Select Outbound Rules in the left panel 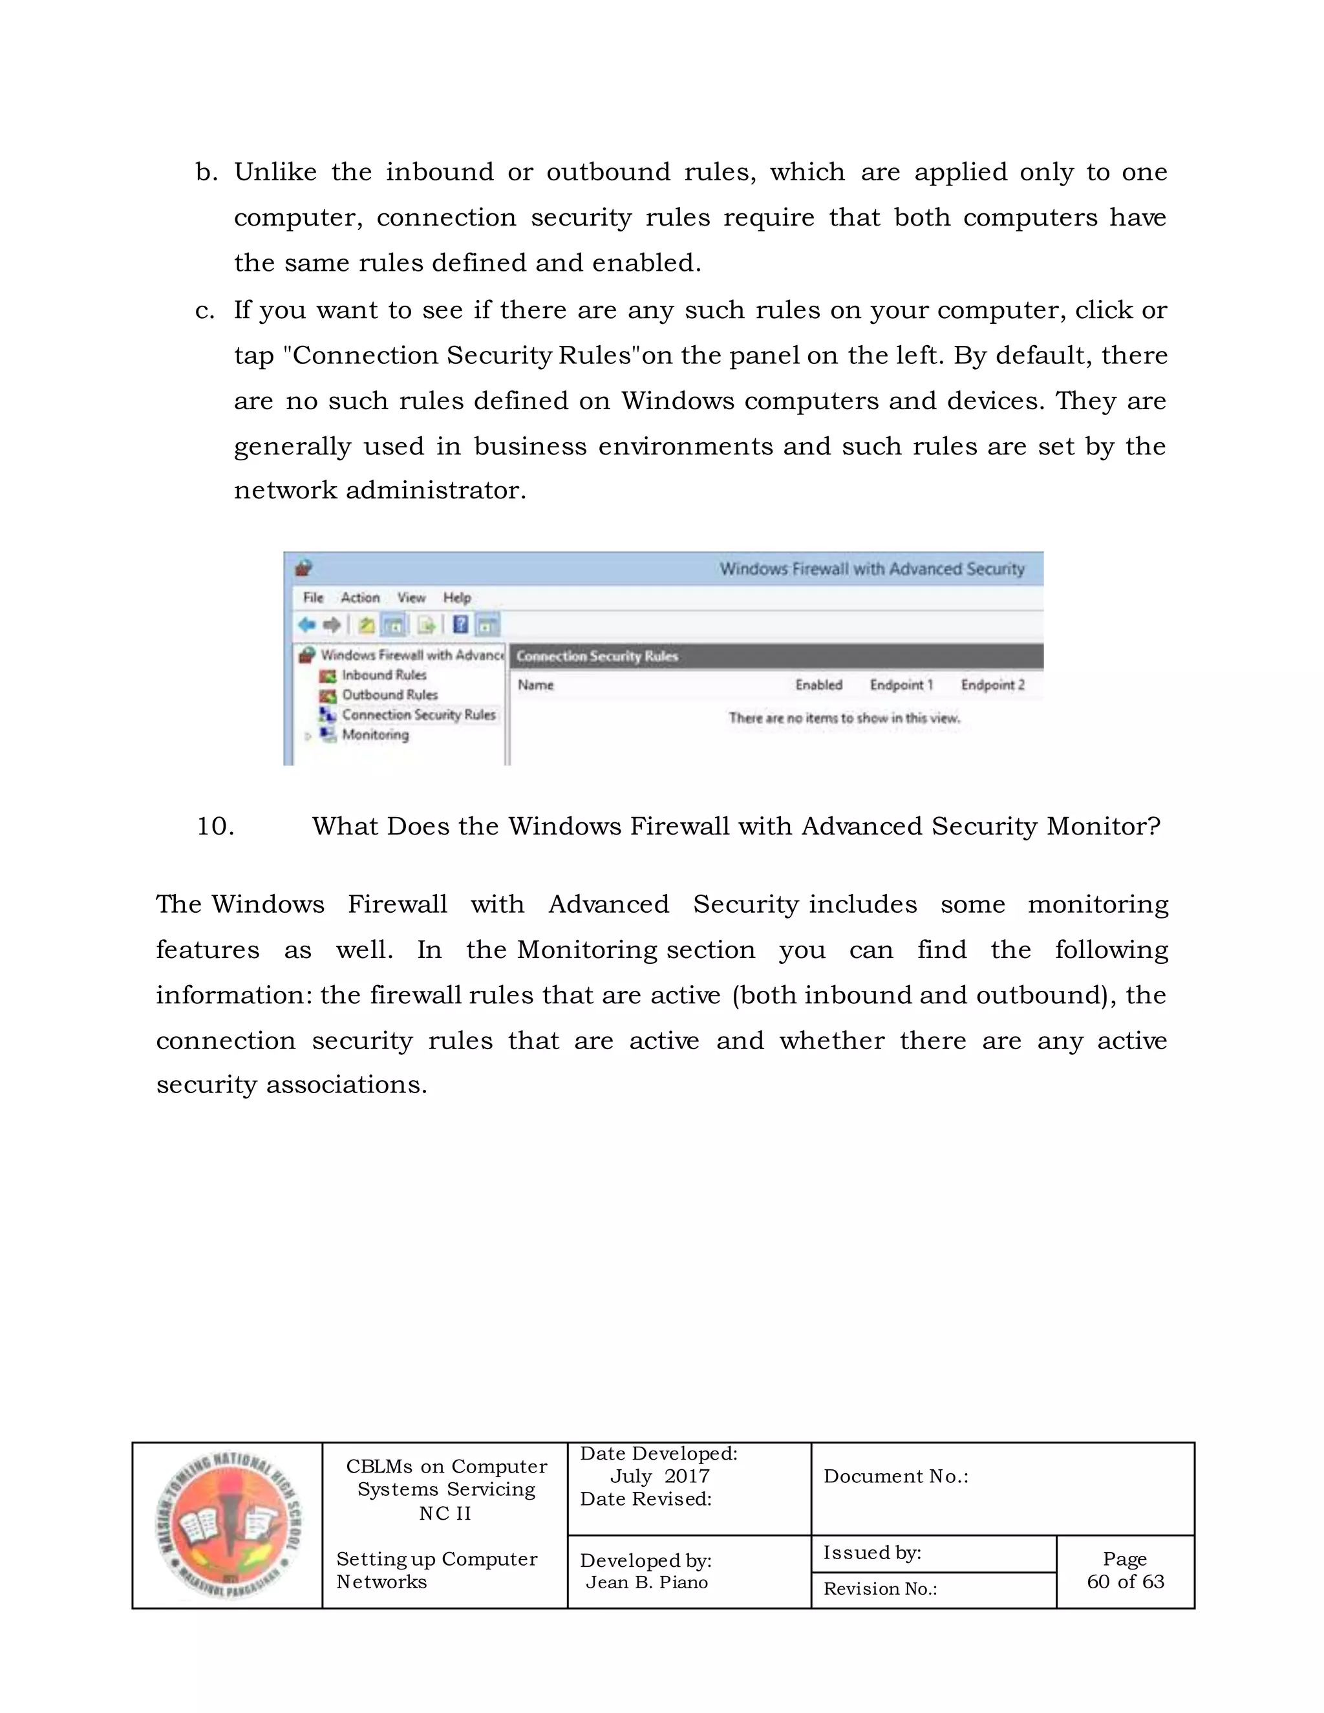[389, 695]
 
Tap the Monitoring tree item [374, 735]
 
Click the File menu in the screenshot [313, 598]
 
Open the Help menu [456, 598]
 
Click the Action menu [360, 598]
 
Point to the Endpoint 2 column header [992, 685]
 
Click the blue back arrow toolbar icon [306, 625]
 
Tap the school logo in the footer [228, 1526]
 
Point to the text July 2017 [659, 1476]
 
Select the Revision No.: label [879, 1588]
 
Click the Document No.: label [895, 1476]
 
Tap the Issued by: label [871, 1552]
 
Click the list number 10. [215, 826]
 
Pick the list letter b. [206, 172]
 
